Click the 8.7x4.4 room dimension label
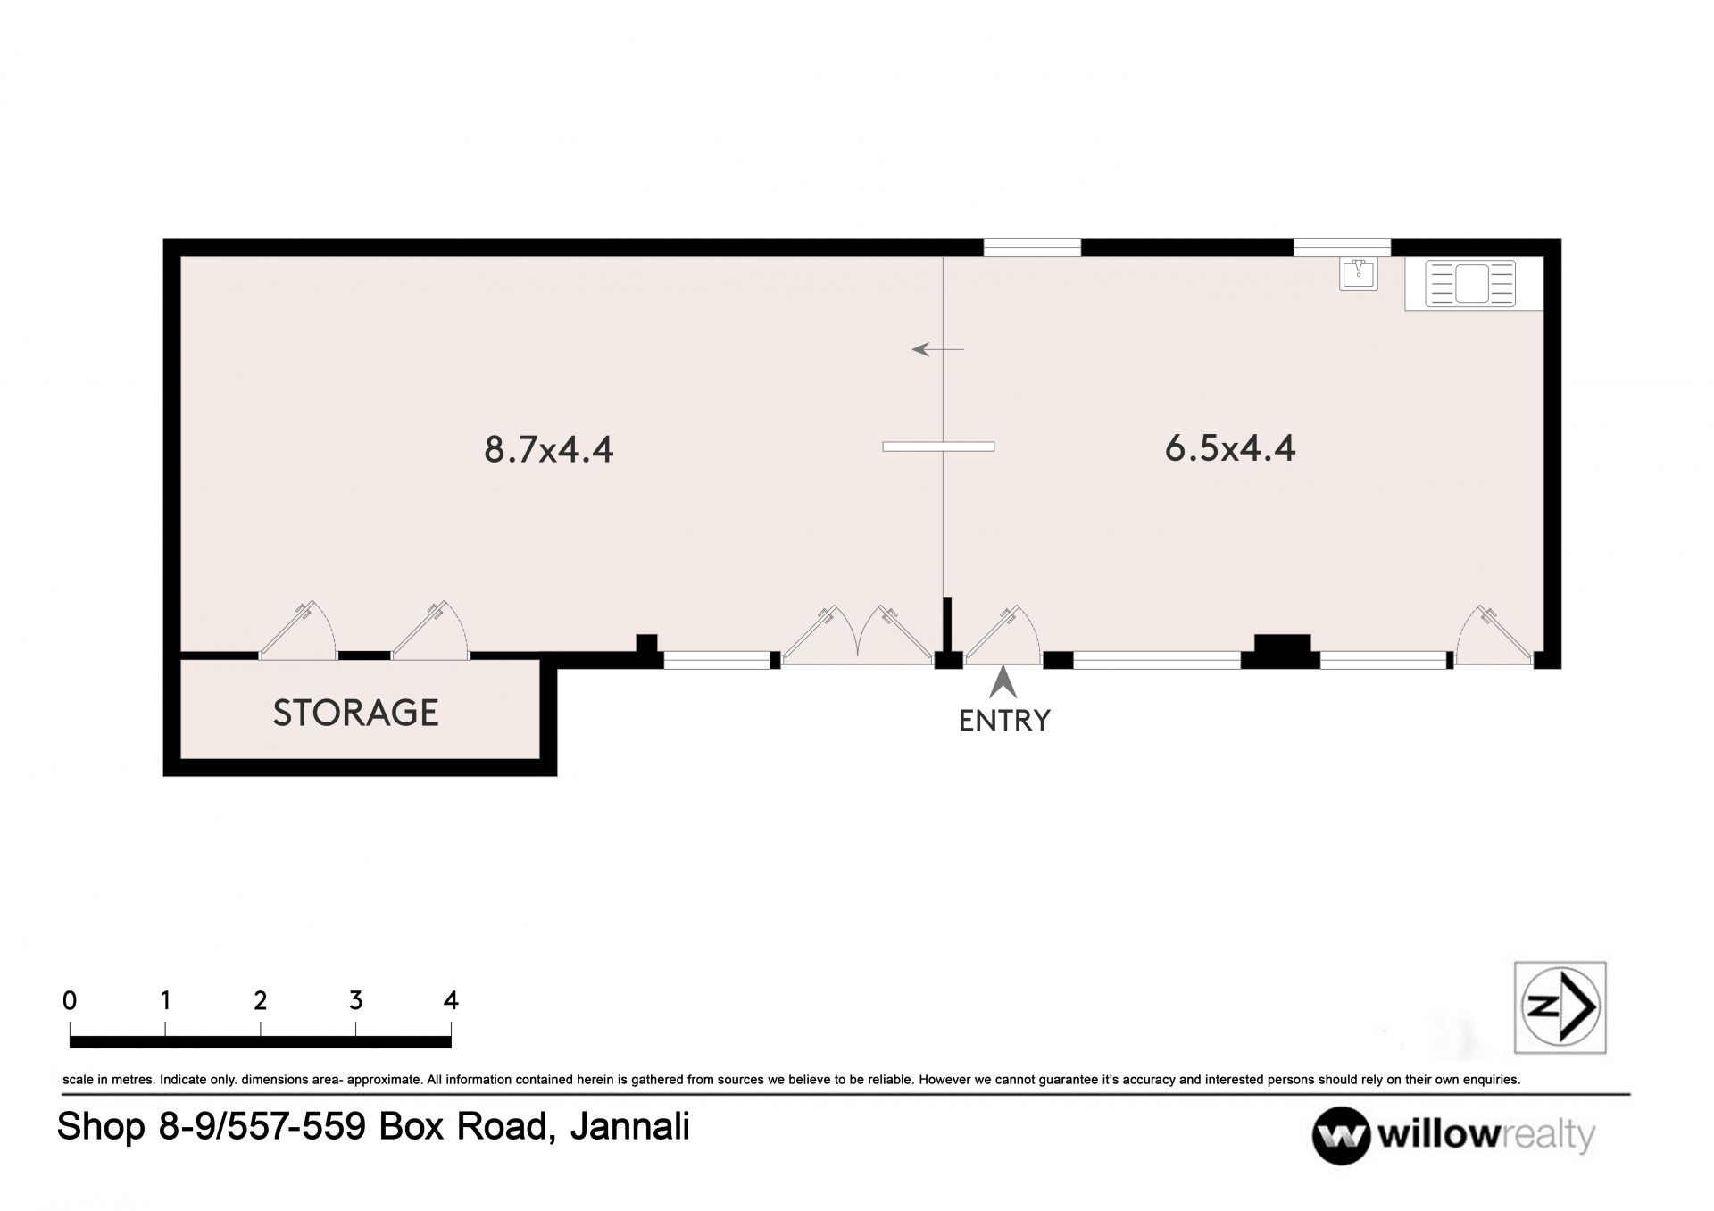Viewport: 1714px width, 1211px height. (x=548, y=448)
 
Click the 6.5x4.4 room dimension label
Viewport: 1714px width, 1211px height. (x=1229, y=447)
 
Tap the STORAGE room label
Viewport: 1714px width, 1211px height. (x=355, y=713)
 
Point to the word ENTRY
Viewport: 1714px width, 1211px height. (x=1004, y=720)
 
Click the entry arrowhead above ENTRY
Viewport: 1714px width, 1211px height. (x=1003, y=683)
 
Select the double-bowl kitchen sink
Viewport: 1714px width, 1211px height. (x=1470, y=283)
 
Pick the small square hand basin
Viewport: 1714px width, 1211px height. (x=1358, y=273)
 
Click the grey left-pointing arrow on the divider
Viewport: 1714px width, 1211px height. (x=937, y=349)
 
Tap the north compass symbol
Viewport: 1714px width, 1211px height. (x=1560, y=1006)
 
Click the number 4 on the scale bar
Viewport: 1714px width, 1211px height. (x=451, y=1000)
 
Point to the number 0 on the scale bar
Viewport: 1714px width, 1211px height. (x=70, y=1000)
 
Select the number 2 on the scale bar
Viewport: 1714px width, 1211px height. (x=260, y=1000)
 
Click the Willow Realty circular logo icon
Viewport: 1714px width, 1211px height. (x=1340, y=1136)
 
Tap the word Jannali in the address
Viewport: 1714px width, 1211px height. (x=629, y=1126)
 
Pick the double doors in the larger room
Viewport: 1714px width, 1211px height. (x=857, y=634)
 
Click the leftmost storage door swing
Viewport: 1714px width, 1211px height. (x=297, y=631)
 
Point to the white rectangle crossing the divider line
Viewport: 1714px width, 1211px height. (x=938, y=447)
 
